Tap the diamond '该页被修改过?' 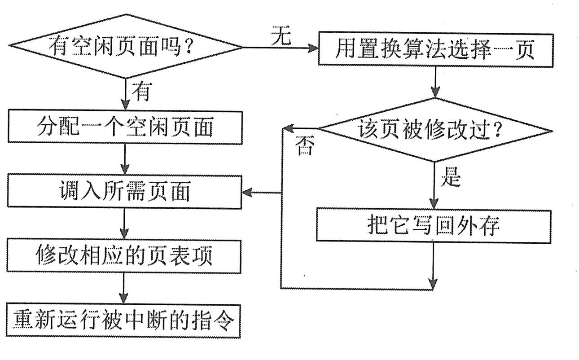[434, 130]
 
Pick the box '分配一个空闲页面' [125, 127]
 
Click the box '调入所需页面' [125, 193]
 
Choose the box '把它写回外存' [434, 225]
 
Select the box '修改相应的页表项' [125, 256]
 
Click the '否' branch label [305, 147]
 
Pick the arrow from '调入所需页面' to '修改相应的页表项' [125, 224]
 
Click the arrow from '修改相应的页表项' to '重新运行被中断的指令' [125, 288]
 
